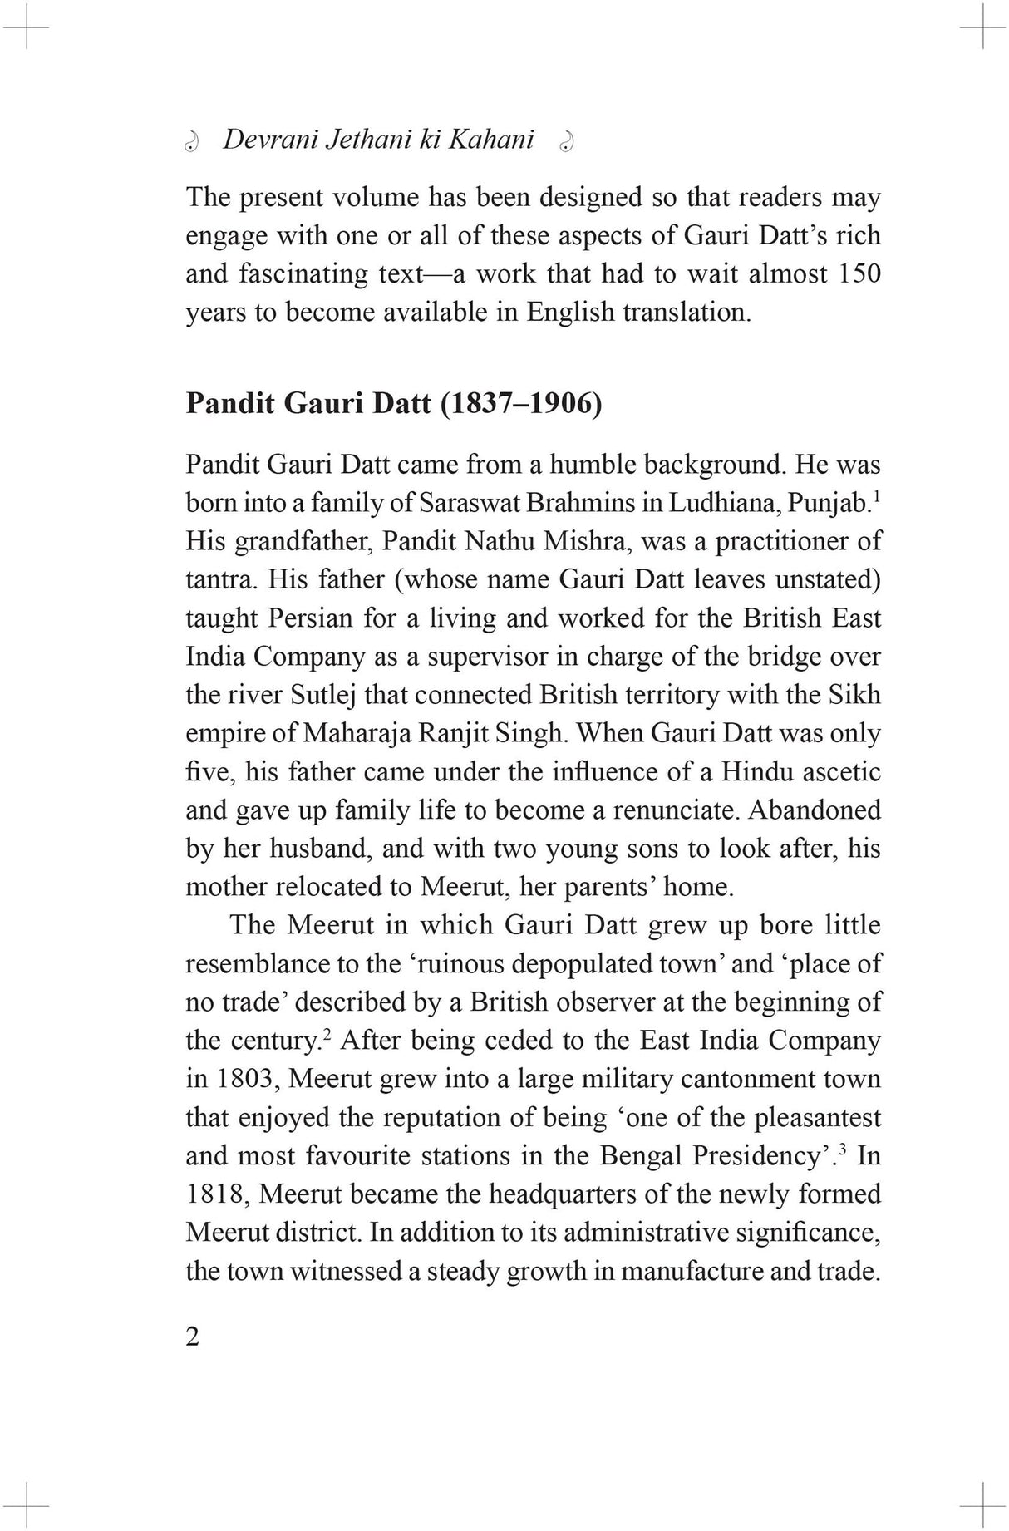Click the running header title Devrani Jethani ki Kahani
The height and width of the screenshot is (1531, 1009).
378,140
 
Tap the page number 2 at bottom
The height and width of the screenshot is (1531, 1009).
193,1337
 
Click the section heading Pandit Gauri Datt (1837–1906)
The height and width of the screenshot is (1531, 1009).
393,403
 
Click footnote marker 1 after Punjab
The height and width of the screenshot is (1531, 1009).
878,496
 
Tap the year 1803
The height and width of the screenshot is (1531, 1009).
244,1079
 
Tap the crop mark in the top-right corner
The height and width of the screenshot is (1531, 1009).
983,26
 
